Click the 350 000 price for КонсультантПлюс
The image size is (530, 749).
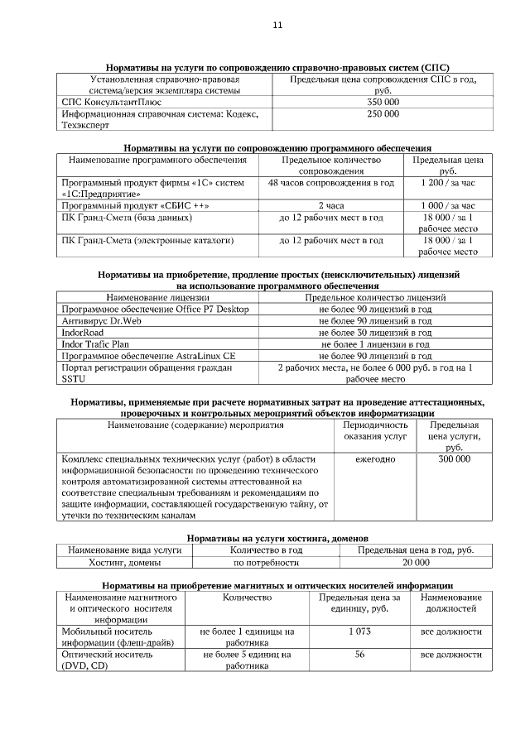383,101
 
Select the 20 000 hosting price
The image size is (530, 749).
416,562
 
